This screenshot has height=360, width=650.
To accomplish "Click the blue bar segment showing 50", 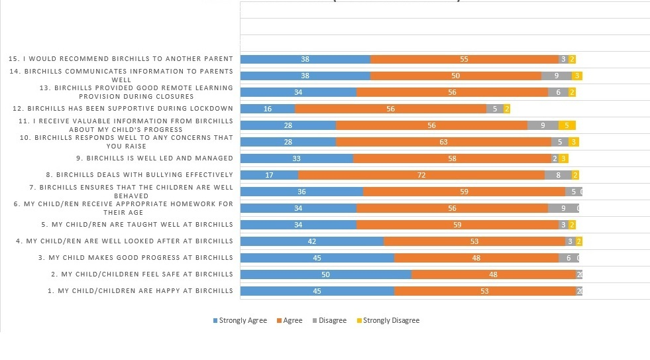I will click(x=325, y=274).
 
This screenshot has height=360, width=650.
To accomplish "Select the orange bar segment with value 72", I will click(x=421, y=175).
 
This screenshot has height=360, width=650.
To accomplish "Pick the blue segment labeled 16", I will click(x=268, y=109).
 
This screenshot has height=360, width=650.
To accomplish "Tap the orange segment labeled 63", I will click(x=443, y=142).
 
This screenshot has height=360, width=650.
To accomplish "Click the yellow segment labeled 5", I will click(x=567, y=125).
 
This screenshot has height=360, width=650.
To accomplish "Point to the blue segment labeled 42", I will click(x=312, y=241).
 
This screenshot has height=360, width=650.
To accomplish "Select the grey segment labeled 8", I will click(x=558, y=175).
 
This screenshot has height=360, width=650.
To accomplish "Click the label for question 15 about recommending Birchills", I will click(x=121, y=59).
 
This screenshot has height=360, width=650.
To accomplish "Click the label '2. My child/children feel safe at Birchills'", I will click(x=142, y=274).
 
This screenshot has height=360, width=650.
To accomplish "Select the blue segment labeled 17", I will click(x=269, y=175).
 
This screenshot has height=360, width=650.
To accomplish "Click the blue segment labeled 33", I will click(x=296, y=158).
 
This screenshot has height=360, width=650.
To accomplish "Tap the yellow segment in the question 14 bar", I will click(x=577, y=76).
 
